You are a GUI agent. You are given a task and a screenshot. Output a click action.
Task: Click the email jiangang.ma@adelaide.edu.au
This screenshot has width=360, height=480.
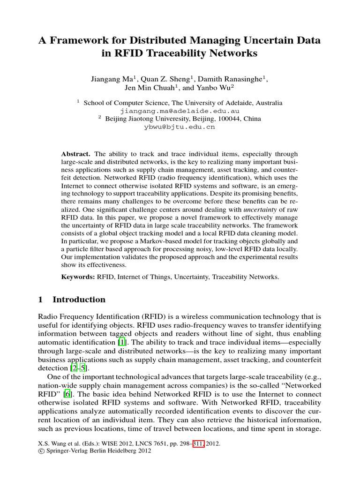(x=180, y=111)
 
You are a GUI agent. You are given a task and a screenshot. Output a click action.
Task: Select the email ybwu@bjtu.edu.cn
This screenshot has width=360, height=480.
(x=180, y=127)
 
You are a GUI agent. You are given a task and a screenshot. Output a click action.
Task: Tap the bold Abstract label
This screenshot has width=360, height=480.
(x=76, y=154)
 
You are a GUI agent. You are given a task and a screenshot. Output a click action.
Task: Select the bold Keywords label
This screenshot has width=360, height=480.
(x=78, y=277)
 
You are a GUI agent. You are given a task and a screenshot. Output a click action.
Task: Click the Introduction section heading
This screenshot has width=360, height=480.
(x=79, y=300)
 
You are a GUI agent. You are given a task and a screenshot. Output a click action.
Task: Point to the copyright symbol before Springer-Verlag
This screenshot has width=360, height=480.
(x=41, y=451)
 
